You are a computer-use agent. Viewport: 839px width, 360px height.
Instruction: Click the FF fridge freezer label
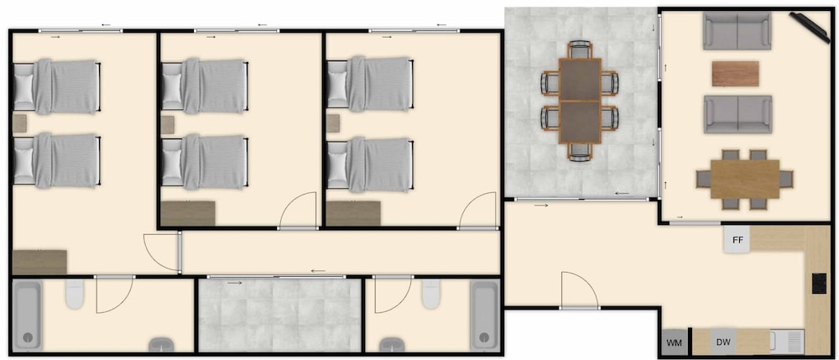(737, 240)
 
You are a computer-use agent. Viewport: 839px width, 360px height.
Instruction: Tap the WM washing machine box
(675, 342)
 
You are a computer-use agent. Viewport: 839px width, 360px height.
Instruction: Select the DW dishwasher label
(723, 342)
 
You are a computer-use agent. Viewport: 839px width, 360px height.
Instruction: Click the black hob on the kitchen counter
(819, 283)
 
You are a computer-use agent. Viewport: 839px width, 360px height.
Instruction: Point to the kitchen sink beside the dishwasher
(787, 342)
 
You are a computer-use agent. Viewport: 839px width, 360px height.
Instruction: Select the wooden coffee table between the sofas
(735, 74)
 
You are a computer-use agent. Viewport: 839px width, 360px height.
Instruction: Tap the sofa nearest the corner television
(737, 31)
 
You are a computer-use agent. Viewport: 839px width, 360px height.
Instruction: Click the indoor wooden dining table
(745, 180)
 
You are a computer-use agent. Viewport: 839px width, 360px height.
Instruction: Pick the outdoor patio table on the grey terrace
(580, 101)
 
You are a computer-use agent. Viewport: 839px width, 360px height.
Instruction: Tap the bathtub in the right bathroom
(484, 315)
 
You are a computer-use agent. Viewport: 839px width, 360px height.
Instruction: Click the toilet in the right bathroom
(430, 294)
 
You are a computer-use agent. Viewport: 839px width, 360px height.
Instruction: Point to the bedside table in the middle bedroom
(168, 125)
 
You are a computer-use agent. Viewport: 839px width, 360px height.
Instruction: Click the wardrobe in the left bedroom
(39, 262)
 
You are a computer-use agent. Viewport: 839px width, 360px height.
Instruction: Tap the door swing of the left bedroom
(161, 252)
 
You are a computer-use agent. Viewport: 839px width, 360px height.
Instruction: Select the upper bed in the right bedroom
(370, 84)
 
